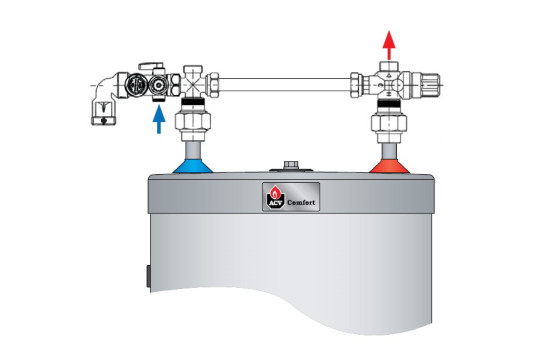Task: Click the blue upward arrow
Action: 159,119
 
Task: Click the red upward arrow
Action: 389,45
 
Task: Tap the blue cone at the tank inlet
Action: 193,166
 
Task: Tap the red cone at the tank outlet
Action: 389,166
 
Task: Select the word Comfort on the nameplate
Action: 301,203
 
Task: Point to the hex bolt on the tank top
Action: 291,165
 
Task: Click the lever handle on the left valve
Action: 151,66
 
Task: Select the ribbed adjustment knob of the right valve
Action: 430,84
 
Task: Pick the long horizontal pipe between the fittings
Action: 284,84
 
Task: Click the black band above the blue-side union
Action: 193,101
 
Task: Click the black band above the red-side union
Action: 389,103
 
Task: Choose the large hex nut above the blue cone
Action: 193,122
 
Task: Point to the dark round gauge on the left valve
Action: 134,85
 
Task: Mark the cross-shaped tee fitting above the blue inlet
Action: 193,84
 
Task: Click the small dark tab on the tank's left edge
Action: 148,276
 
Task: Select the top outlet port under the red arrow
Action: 389,66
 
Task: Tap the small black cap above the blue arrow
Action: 159,99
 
